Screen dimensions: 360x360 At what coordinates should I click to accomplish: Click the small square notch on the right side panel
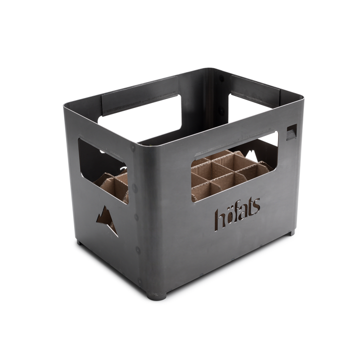(290, 133)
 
